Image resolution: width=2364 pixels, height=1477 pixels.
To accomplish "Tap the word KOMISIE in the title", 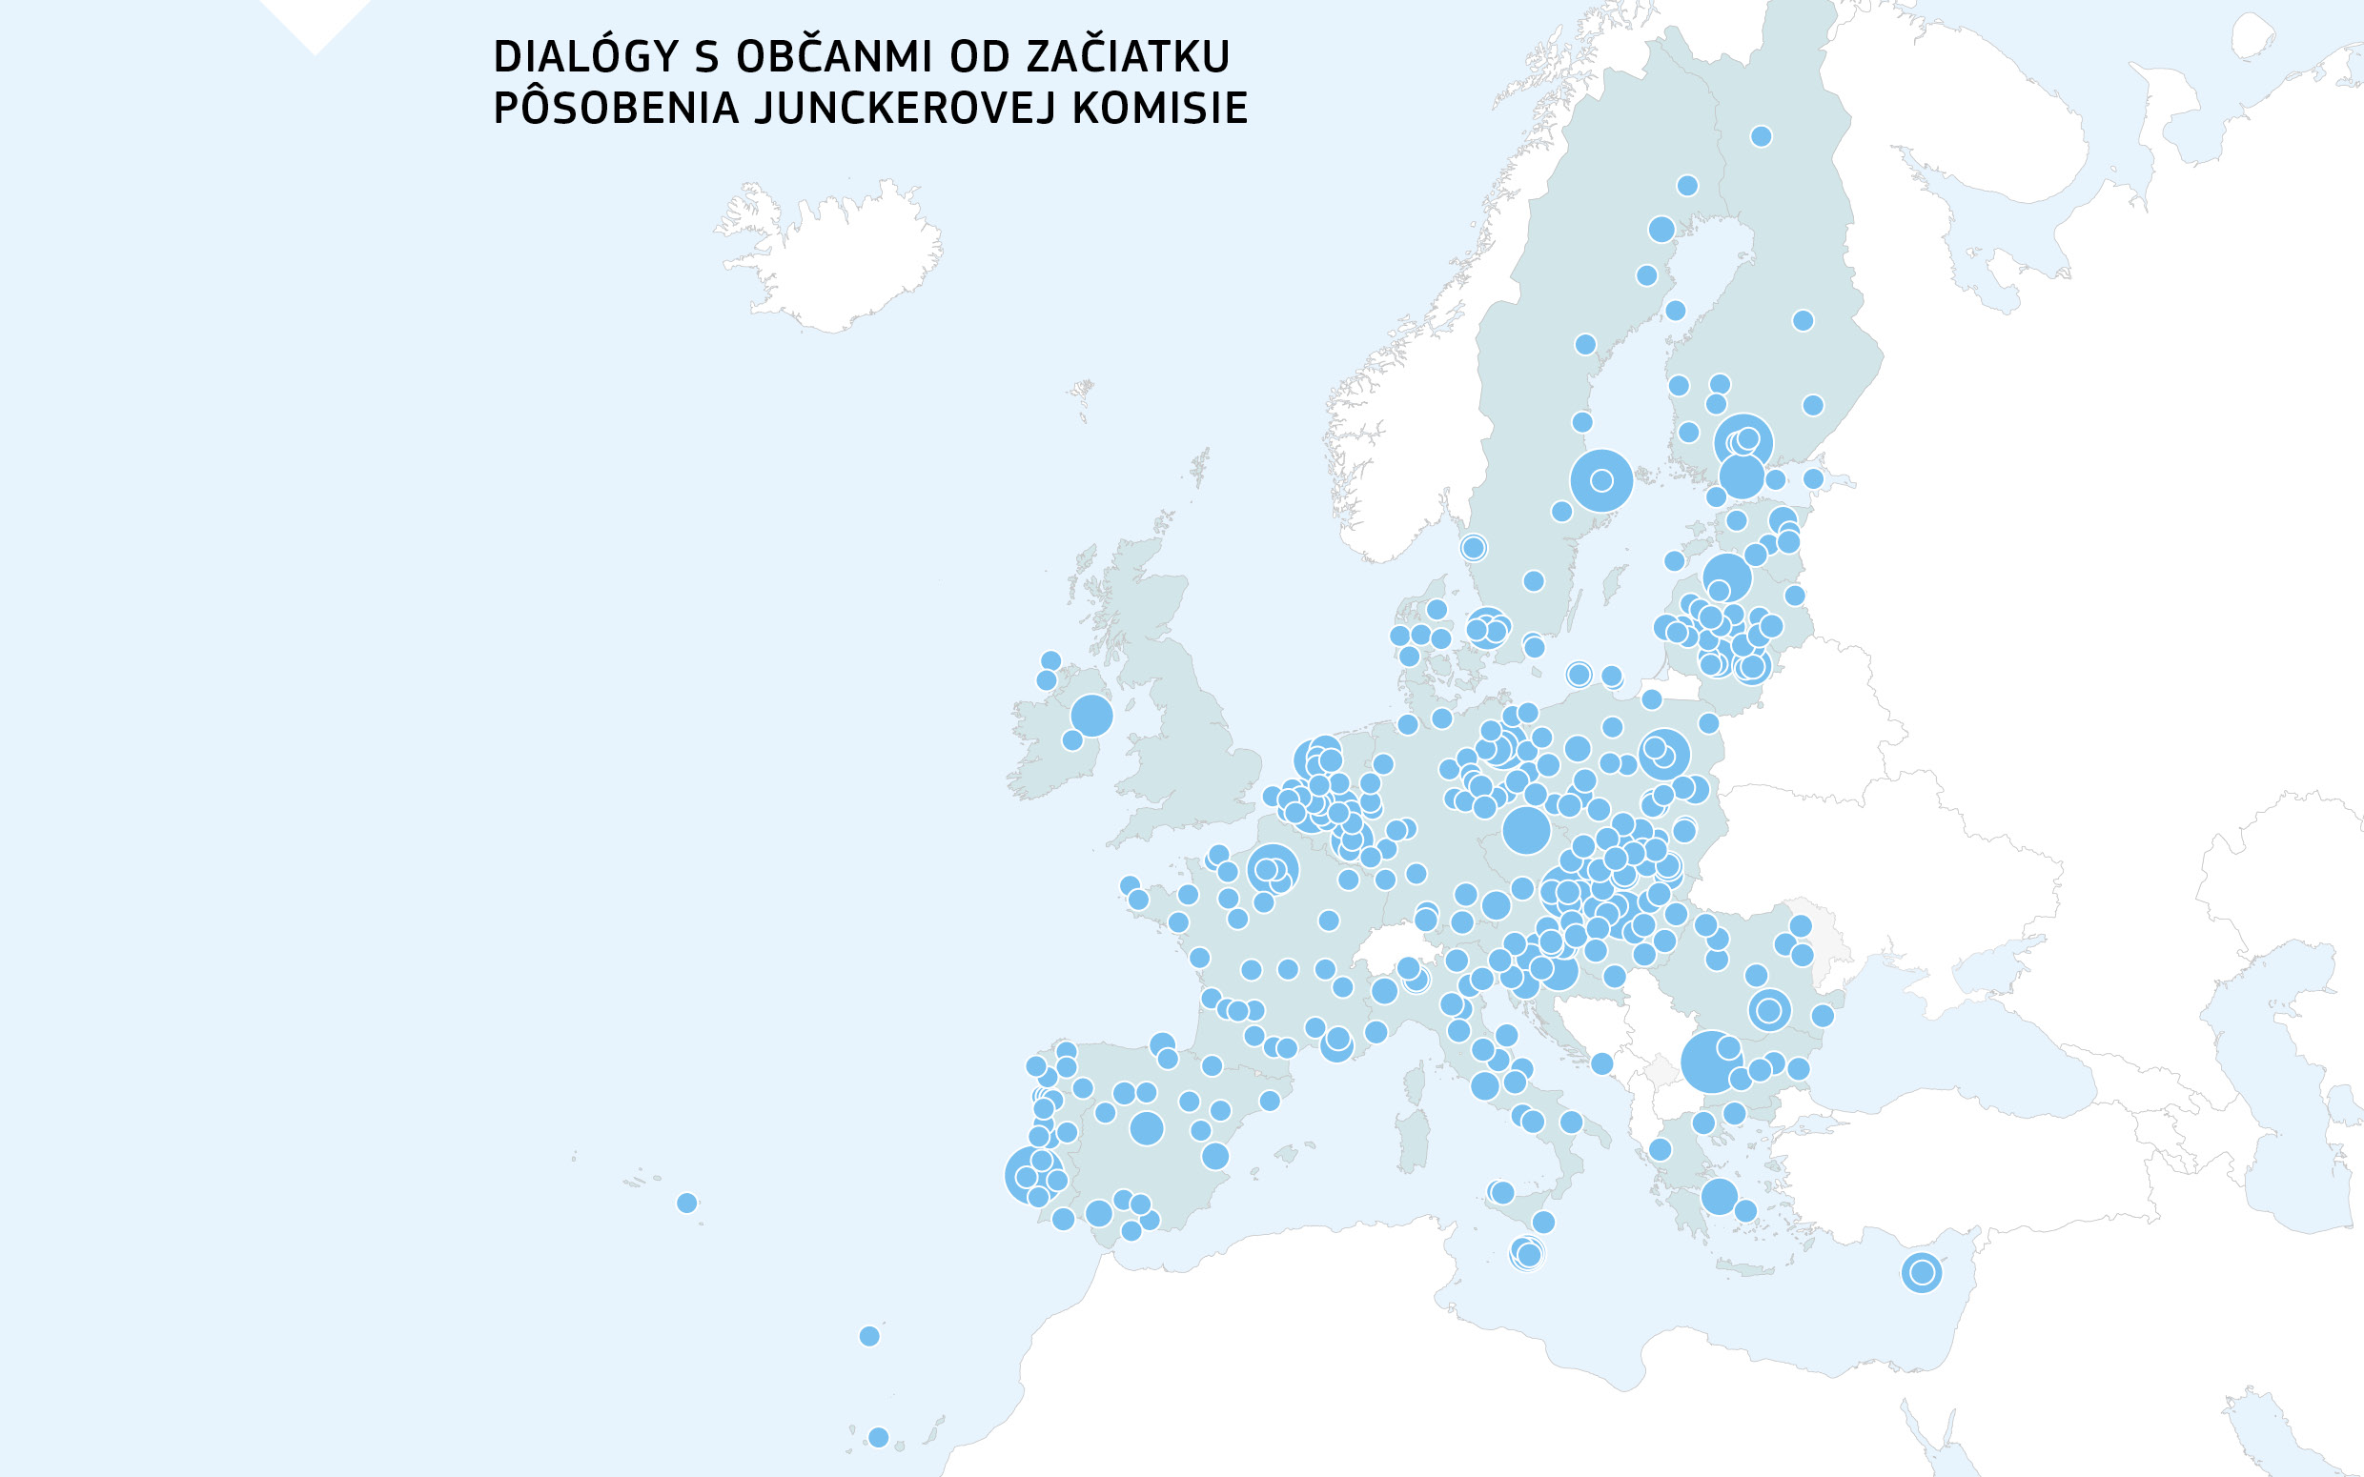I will pos(1159,109).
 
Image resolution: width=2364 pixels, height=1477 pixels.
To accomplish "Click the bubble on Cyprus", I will pos(1922,1272).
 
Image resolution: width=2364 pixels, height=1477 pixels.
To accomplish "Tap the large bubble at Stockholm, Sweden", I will pos(1601,479).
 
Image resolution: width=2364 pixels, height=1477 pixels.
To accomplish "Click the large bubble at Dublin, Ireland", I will pos(1091,715).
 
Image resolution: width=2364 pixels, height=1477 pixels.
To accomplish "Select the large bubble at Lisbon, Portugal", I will pos(1031,1175).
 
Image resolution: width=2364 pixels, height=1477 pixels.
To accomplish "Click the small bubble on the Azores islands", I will pos(686,1203).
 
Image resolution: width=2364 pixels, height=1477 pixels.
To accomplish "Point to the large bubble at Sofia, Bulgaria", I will pos(1711,1061).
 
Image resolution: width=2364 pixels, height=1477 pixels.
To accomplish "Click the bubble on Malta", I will pos(1527,1253).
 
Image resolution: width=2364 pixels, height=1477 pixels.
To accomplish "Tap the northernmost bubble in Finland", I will pos(1762,135).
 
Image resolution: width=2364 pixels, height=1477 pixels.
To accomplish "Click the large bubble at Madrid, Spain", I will pos(1147,1128).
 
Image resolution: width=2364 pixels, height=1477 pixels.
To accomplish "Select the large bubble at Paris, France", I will pos(1273,868).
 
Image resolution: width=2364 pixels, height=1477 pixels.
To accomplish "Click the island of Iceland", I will pos(830,259).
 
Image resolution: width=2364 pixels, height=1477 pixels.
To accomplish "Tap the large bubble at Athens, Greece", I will pos(1720,1196).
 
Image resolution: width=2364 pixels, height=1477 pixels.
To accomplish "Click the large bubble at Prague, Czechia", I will pos(1526,830).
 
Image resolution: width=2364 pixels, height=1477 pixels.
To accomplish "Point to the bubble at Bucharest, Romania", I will pos(1769,1010).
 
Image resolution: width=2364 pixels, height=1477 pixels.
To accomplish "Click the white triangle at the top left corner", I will pos(315,22).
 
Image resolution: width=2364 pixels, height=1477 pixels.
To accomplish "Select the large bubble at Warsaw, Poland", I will pos(1664,754).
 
